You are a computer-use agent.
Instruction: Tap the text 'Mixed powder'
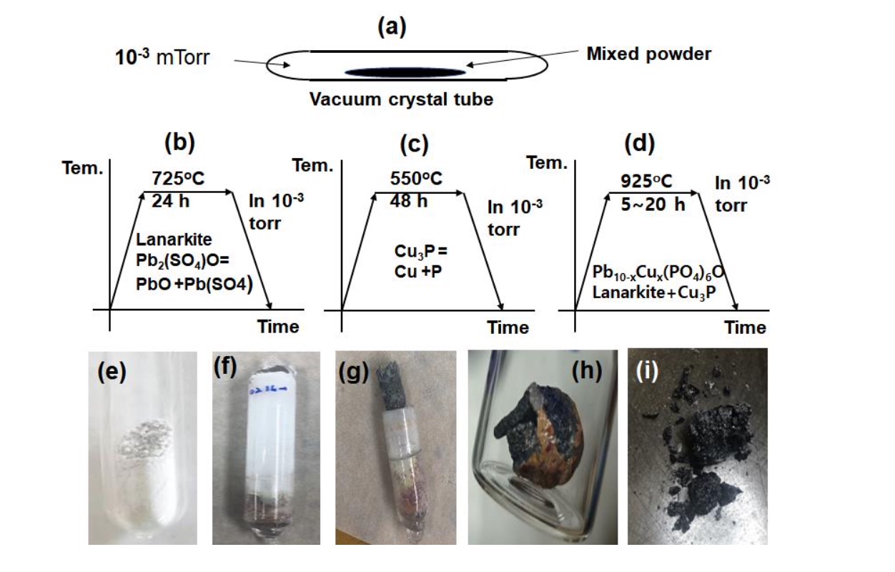(x=648, y=54)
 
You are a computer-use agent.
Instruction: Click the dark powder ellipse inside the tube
(x=406, y=72)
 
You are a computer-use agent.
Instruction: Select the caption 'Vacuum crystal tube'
(x=401, y=99)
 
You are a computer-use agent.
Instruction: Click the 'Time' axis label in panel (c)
(x=508, y=327)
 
